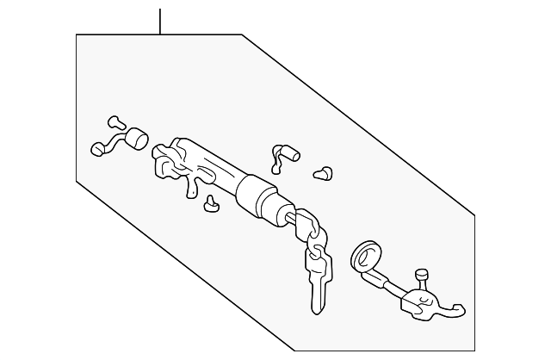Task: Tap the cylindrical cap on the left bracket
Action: tap(137, 140)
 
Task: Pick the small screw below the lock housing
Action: tap(210, 204)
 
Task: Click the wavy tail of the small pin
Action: tap(277, 158)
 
